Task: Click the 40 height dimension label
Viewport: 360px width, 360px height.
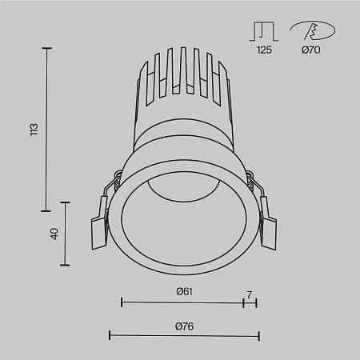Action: (x=54, y=234)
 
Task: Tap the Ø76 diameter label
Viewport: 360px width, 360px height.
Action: (x=185, y=326)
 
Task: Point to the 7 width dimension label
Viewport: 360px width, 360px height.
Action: (x=250, y=294)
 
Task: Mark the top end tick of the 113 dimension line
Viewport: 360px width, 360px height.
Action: (x=46, y=49)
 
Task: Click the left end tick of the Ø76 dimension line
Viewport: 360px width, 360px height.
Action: (x=110, y=334)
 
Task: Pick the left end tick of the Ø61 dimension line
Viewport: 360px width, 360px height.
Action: (x=122, y=302)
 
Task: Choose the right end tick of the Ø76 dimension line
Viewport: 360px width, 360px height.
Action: (x=258, y=334)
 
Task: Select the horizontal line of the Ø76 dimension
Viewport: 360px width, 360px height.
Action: (x=184, y=334)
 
